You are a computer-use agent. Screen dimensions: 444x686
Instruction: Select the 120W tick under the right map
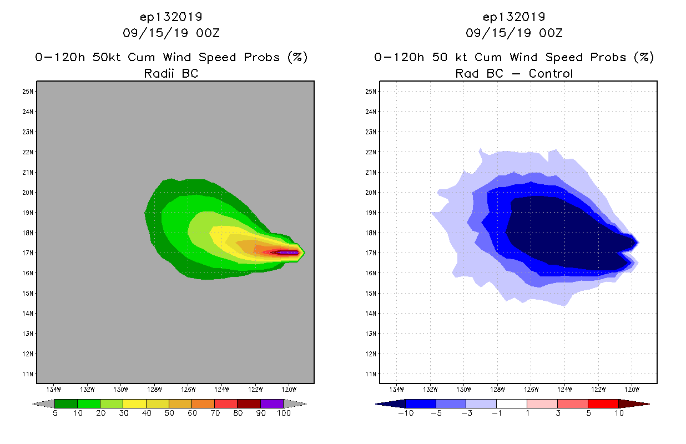click(633, 389)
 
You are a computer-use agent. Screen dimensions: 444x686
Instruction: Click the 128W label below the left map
click(155, 389)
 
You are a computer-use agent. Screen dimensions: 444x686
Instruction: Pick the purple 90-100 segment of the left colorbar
click(272, 403)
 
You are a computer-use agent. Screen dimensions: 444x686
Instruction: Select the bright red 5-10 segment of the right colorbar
click(603, 403)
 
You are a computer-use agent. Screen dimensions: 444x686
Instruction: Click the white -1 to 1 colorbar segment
click(511, 403)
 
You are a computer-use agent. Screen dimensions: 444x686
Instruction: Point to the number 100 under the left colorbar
click(284, 414)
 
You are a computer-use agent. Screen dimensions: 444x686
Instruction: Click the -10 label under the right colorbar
click(405, 414)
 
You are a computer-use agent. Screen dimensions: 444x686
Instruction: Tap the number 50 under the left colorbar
click(169, 414)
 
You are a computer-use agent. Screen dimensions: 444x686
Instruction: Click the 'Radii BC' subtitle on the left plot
click(171, 73)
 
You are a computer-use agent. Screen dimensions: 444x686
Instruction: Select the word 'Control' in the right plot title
click(551, 73)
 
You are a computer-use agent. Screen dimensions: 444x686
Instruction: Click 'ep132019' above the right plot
click(514, 17)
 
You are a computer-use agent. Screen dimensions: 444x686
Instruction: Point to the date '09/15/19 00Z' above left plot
click(171, 33)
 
